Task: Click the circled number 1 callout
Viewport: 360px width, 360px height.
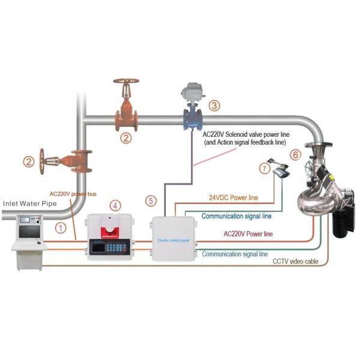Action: tap(60, 227)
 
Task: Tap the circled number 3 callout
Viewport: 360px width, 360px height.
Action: tap(214, 105)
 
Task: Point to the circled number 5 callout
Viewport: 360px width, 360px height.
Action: tap(151, 200)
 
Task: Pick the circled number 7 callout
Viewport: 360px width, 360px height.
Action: tap(265, 170)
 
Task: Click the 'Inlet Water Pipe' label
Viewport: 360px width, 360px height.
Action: tap(30, 204)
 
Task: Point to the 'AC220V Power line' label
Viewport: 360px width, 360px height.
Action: tap(248, 233)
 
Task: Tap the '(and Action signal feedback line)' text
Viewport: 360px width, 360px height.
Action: tap(244, 143)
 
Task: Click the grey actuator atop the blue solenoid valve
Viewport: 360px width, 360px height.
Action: tap(193, 92)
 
